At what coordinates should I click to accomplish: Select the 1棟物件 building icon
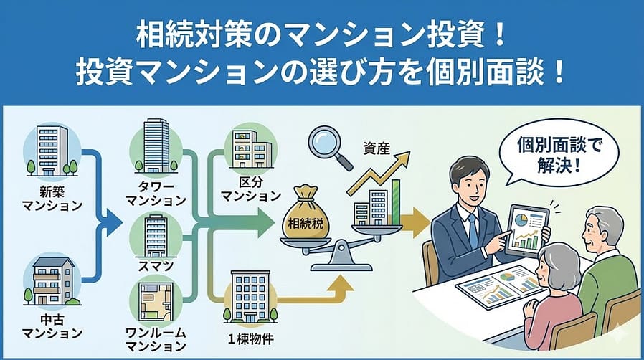click(250, 295)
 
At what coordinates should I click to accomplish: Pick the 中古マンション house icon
click(52, 284)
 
